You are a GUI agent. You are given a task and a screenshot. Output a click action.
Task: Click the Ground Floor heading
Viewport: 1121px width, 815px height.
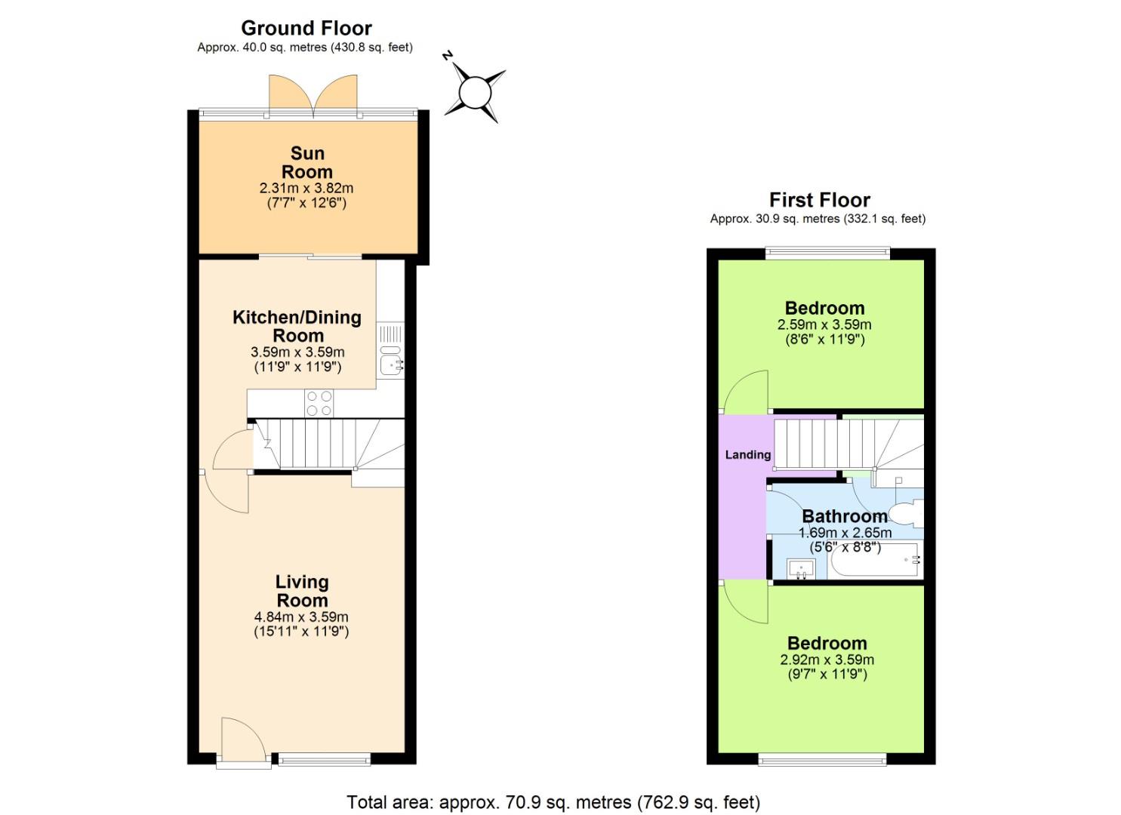(x=306, y=29)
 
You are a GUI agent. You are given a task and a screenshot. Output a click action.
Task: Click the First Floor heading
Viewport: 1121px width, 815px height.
(x=819, y=200)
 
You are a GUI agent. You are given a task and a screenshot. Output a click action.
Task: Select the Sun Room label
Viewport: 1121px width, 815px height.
(x=306, y=162)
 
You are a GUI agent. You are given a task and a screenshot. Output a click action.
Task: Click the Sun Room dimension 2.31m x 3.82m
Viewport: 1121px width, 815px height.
(x=306, y=188)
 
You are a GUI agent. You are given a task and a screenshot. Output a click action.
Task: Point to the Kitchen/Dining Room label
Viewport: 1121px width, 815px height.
(x=297, y=326)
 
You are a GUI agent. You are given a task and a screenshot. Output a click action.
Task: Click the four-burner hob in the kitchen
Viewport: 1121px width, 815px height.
(x=319, y=403)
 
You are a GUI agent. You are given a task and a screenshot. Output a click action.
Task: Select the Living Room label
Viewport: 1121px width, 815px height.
(x=301, y=591)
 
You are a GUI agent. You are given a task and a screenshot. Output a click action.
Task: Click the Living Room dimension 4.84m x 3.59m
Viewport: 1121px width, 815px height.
(x=301, y=617)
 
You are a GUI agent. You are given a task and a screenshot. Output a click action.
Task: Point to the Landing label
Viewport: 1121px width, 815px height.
(x=747, y=454)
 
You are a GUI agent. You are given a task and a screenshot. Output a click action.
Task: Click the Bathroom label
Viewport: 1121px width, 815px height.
(x=844, y=516)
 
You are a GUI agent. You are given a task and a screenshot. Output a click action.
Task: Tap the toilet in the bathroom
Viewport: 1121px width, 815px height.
(x=907, y=515)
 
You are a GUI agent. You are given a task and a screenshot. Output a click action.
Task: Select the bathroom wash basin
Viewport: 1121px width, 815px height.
(x=801, y=568)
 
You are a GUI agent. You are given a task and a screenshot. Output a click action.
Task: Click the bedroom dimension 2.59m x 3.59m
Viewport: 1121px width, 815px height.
(x=824, y=324)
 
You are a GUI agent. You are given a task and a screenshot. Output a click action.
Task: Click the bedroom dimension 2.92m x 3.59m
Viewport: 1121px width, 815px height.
(x=827, y=660)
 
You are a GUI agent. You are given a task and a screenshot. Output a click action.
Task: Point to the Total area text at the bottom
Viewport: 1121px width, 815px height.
(x=553, y=801)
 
